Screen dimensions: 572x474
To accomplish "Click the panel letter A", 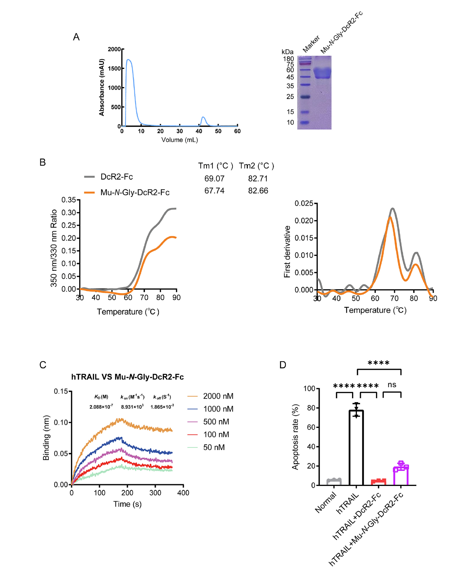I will [76, 37].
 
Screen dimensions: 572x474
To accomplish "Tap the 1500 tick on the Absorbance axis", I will [114, 69].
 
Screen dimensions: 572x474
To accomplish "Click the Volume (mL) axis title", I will [179, 140].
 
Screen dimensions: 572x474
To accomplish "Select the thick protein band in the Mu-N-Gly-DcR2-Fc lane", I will [322, 73].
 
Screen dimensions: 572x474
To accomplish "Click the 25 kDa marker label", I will [290, 97].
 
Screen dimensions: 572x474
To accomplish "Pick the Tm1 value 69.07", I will [214, 179].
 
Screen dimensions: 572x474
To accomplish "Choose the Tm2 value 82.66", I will [258, 191].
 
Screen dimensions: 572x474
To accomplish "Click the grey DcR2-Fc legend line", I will [89, 177].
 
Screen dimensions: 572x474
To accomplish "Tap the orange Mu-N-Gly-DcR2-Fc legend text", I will [135, 193].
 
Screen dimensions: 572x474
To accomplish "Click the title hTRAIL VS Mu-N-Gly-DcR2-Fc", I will [127, 377].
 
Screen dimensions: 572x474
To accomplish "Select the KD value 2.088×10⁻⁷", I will [101, 407].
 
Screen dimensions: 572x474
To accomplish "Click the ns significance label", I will [392, 385].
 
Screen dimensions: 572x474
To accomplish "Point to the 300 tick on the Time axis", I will [155, 493].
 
